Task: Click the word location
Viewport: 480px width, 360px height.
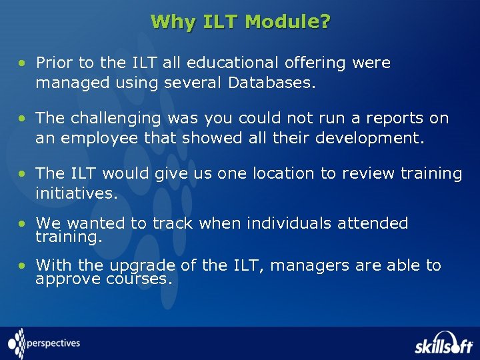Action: pos(278,173)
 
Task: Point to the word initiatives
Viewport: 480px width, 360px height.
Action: pos(76,193)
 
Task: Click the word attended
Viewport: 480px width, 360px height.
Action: pos(373,223)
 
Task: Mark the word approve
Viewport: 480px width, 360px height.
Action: pos(68,279)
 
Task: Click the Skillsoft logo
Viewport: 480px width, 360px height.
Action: pos(443,343)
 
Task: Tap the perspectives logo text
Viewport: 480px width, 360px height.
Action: pos(53,344)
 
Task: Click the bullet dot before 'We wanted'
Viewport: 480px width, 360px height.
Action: pos(23,224)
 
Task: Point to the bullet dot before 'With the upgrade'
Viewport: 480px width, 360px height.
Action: pos(23,266)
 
